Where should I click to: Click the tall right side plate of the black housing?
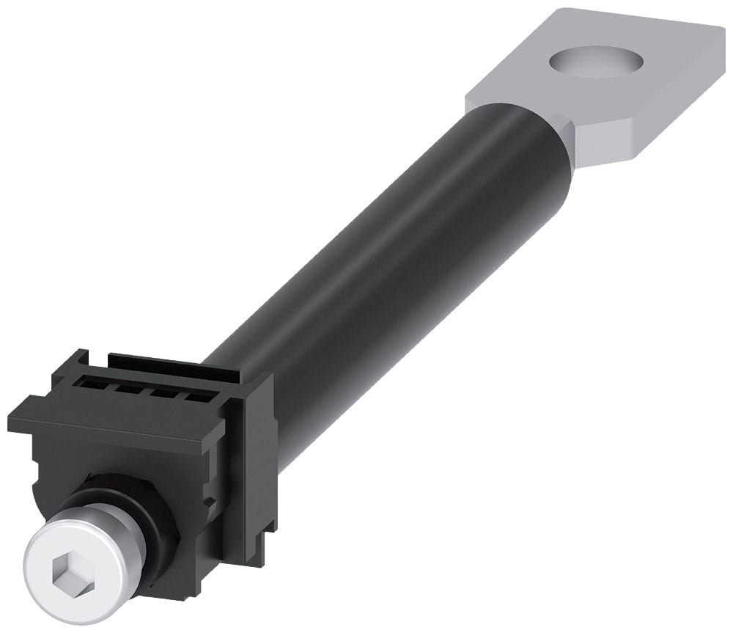(253, 455)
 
